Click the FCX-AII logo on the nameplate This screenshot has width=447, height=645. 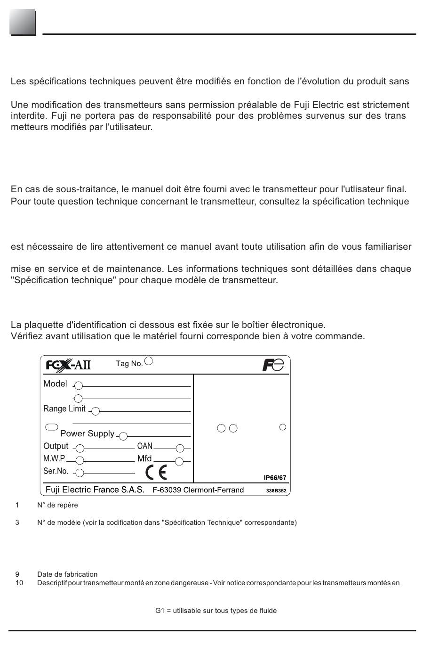pyautogui.click(x=68, y=365)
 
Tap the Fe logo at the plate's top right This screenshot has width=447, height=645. pyautogui.click(x=273, y=365)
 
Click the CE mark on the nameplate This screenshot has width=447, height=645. pyautogui.click(x=156, y=472)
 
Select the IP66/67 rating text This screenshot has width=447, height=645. pyautogui.click(x=275, y=478)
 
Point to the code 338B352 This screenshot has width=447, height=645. pyautogui.click(x=276, y=490)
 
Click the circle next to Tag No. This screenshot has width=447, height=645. pyautogui.click(x=149, y=361)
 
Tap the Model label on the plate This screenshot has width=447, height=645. pyautogui.click(x=55, y=384)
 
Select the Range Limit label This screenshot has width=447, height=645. pyautogui.click(x=64, y=408)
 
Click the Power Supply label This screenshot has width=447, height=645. pyautogui.click(x=87, y=433)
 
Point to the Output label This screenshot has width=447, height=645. pyautogui.click(x=56, y=446)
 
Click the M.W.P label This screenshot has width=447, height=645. pyautogui.click(x=54, y=458)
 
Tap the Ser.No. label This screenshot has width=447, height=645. pyautogui.click(x=56, y=471)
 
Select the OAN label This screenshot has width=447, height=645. pyautogui.click(x=145, y=446)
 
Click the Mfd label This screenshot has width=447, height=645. pyautogui.click(x=144, y=458)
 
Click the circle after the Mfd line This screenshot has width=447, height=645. pyautogui.click(x=179, y=461)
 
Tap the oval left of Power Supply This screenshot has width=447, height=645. pyautogui.click(x=51, y=427)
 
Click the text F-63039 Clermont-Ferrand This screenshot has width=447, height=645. pyautogui.click(x=198, y=490)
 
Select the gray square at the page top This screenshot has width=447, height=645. pyautogui.click(x=22, y=22)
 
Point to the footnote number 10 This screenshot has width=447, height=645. pyautogui.click(x=19, y=583)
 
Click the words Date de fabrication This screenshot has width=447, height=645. pyautogui.click(x=67, y=574)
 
